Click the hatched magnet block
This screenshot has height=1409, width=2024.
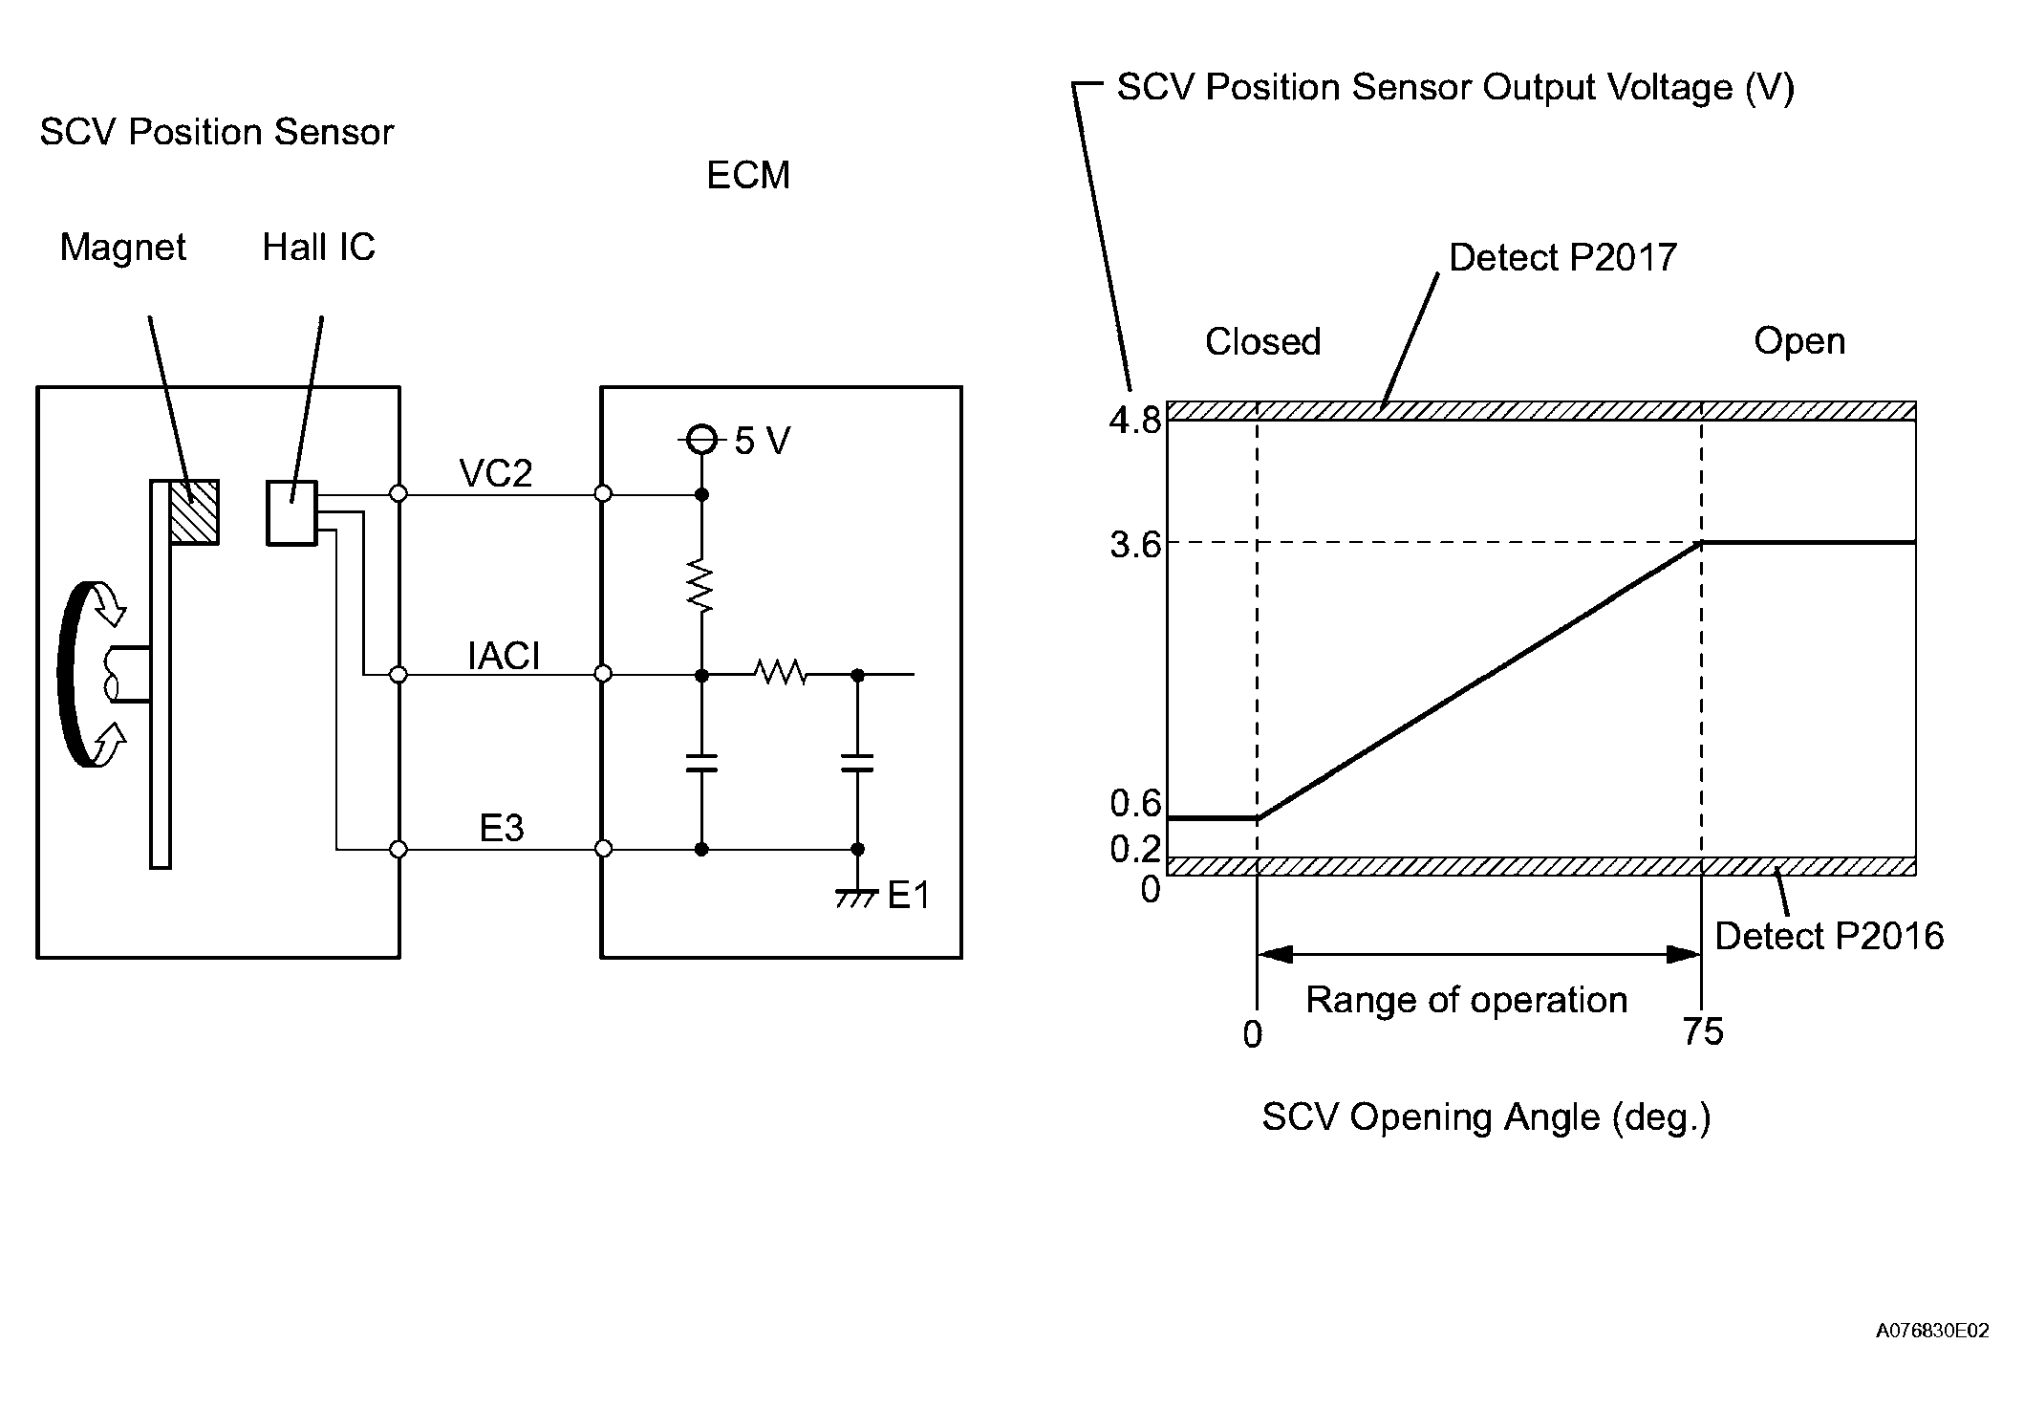[x=194, y=511]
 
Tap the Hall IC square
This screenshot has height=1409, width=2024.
[x=291, y=513]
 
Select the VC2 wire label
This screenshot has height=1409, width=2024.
[x=495, y=474]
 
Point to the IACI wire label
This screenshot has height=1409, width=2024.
[x=504, y=657]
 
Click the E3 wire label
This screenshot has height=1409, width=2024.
[x=502, y=829]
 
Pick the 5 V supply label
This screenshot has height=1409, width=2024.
[x=762, y=441]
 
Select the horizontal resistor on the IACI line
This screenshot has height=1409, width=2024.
[x=782, y=675]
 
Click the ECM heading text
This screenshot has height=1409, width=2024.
[x=748, y=176]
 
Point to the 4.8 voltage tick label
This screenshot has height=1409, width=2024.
[x=1134, y=421]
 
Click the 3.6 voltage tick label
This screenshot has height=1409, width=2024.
[x=1134, y=545]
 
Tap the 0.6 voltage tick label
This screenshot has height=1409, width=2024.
[x=1134, y=804]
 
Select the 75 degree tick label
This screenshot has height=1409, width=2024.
[x=1703, y=1032]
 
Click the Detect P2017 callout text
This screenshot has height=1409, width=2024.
[x=1562, y=258]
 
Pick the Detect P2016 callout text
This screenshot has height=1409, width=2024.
[x=1829, y=937]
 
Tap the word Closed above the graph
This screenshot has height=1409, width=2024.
[x=1262, y=342]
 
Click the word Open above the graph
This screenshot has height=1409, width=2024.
[x=1798, y=341]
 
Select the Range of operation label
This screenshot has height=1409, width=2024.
[x=1466, y=1001]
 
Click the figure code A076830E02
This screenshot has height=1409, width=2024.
[x=1932, y=1331]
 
